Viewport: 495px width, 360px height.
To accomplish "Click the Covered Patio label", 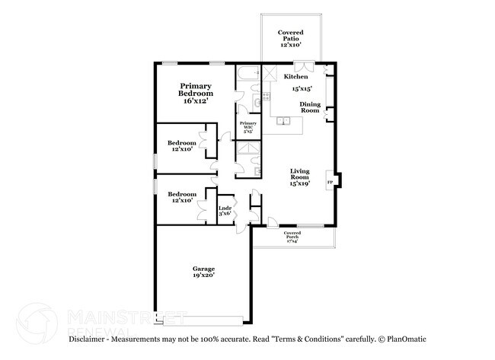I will (291, 39).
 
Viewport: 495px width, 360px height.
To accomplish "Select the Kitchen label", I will (295, 77).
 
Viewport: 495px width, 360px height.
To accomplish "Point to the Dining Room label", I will (309, 107).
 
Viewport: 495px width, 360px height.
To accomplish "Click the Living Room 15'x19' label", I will (299, 177).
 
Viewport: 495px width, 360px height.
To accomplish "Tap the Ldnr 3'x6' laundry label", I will (225, 210).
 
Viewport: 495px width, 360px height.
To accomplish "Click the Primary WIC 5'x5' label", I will (248, 126).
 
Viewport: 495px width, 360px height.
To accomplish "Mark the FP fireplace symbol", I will (330, 183).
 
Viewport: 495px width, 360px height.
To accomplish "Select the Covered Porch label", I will (292, 237).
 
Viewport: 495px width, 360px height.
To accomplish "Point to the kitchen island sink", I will (283, 120).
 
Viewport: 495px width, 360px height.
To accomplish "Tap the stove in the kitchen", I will (271, 74).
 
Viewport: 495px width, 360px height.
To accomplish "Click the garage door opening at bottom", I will (204, 319).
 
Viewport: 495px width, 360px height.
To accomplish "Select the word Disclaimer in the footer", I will (91, 339).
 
